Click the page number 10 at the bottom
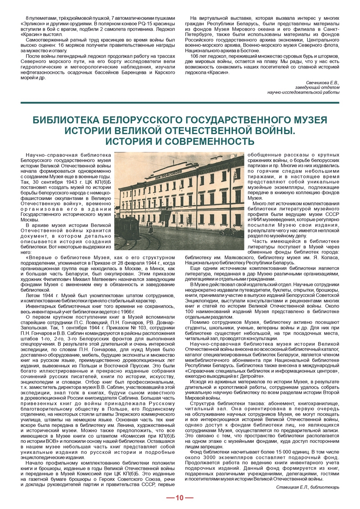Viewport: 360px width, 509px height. (180, 498)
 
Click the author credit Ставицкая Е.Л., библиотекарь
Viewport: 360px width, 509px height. (307, 487)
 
